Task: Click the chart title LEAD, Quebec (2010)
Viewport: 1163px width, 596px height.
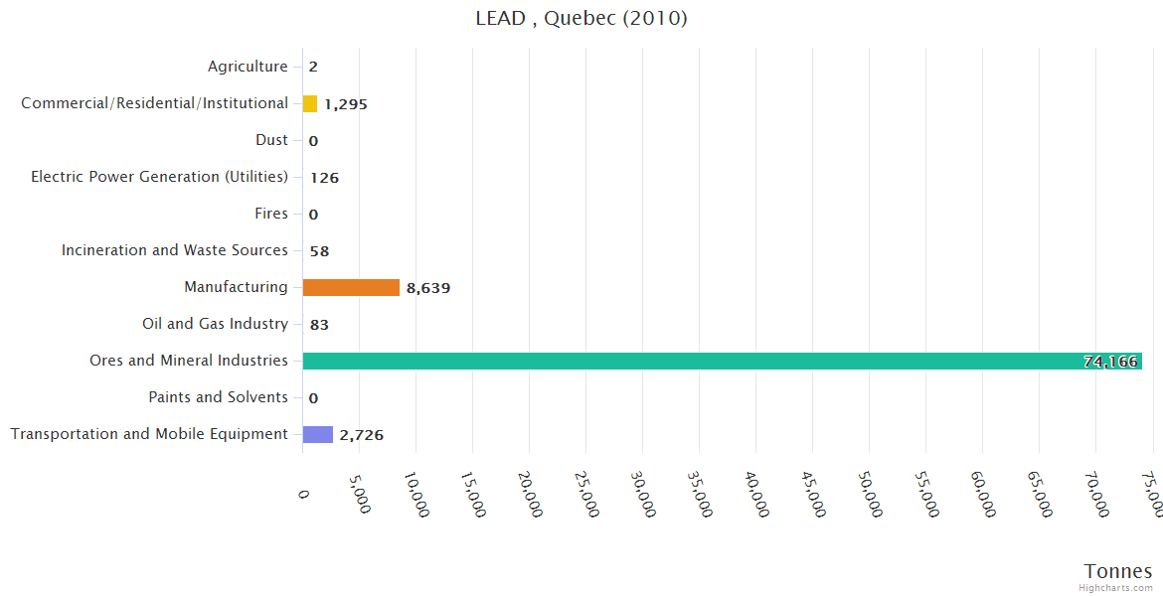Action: coord(581,19)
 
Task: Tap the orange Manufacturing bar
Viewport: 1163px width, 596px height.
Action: coord(351,287)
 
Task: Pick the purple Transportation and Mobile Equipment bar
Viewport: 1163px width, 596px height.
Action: coord(318,434)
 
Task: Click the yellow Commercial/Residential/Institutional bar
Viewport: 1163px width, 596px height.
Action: coord(310,103)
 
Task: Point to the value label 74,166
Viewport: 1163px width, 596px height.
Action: coord(1110,362)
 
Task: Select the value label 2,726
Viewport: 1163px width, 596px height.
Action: coord(361,435)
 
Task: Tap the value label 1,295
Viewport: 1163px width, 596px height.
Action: coord(346,104)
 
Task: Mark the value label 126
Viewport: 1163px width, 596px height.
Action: coord(324,178)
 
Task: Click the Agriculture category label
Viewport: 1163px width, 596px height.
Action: coord(248,67)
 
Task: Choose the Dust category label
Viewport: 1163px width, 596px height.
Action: coord(271,140)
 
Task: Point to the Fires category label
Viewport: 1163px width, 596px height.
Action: coord(271,214)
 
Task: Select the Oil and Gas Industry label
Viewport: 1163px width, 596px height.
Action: coord(216,324)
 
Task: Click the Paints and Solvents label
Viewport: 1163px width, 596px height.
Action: coord(219,397)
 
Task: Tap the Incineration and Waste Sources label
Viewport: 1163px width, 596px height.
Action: coord(175,250)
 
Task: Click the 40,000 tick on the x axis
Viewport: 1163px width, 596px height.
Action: coord(756,494)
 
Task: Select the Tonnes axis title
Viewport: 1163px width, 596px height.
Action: coord(1118,571)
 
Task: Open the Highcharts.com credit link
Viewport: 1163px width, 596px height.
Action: coord(1116,588)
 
